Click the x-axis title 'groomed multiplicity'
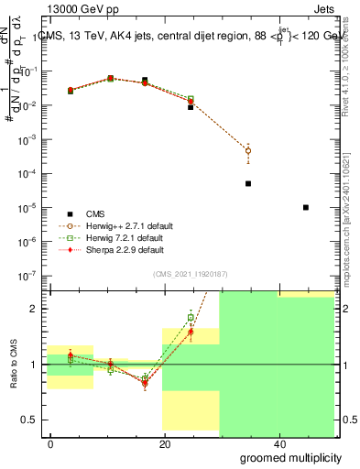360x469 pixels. [x=292, y=457]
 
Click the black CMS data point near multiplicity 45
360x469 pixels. [x=305, y=207]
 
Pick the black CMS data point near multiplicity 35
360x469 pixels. [x=248, y=183]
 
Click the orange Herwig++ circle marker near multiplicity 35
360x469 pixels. [x=248, y=150]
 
